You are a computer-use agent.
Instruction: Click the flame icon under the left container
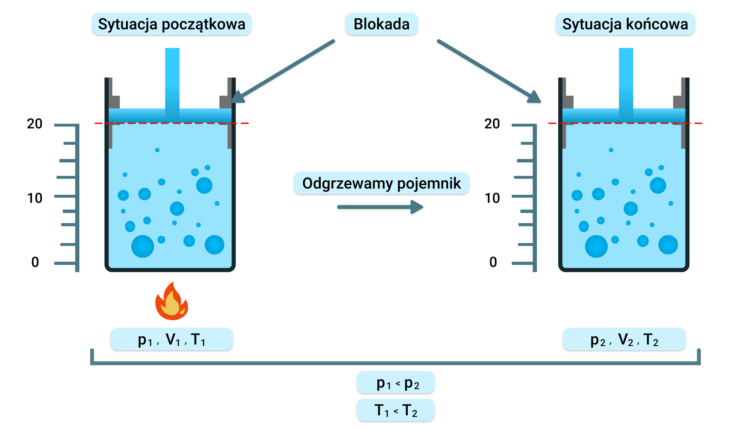click(172, 302)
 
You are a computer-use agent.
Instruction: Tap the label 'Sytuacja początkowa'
click(172, 24)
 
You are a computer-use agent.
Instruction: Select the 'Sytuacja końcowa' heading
click(625, 24)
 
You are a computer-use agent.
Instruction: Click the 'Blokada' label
click(381, 24)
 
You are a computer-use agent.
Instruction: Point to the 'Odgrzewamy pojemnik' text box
click(381, 183)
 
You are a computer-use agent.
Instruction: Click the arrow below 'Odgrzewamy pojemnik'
click(380, 207)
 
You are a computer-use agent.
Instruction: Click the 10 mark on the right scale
click(492, 198)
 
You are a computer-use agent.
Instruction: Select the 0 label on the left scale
click(35, 262)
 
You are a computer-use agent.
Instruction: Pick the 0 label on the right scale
click(493, 262)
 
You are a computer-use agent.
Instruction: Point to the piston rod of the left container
click(172, 78)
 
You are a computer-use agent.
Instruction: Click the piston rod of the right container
click(626, 78)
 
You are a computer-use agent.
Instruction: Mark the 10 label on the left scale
click(35, 198)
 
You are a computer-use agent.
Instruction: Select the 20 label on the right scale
click(492, 124)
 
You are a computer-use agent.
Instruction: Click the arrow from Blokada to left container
click(284, 70)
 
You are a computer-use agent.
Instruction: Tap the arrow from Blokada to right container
click(488, 70)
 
